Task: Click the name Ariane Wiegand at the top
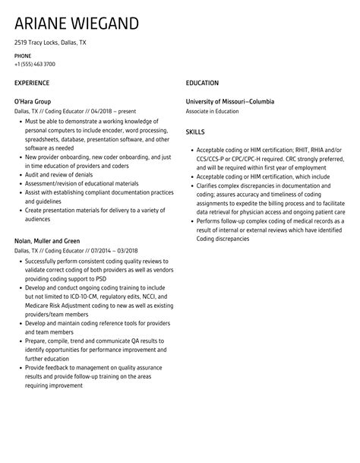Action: [x=76, y=23]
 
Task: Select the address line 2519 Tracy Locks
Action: [x=50, y=43]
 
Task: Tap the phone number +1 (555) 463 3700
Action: [x=35, y=64]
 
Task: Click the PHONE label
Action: [x=23, y=55]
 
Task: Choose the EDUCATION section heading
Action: [x=202, y=82]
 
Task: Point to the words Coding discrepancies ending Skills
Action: [x=223, y=238]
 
